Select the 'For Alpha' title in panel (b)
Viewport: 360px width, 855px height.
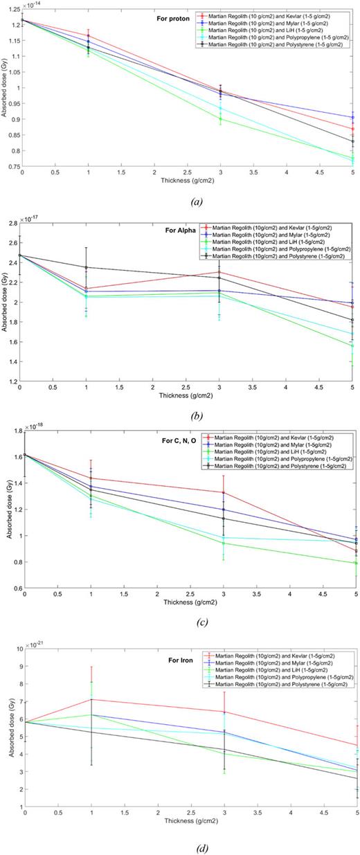[181, 226]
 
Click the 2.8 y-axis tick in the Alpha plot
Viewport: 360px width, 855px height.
[16, 224]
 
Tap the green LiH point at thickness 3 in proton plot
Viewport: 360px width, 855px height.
[221, 119]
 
